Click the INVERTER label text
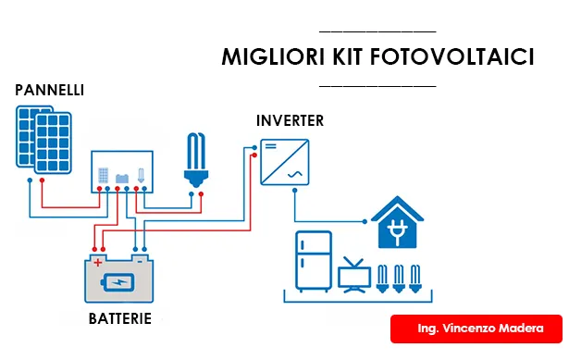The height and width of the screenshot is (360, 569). (x=290, y=121)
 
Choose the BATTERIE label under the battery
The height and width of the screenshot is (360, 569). (x=120, y=319)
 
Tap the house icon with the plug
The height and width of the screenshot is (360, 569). (x=399, y=224)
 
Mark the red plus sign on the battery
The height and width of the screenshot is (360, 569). (x=97, y=263)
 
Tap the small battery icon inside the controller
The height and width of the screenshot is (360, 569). (x=121, y=175)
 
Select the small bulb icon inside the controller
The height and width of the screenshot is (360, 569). (x=141, y=175)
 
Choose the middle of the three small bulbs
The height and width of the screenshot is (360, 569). (x=399, y=278)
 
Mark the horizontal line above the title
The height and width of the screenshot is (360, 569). (x=375, y=31)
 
